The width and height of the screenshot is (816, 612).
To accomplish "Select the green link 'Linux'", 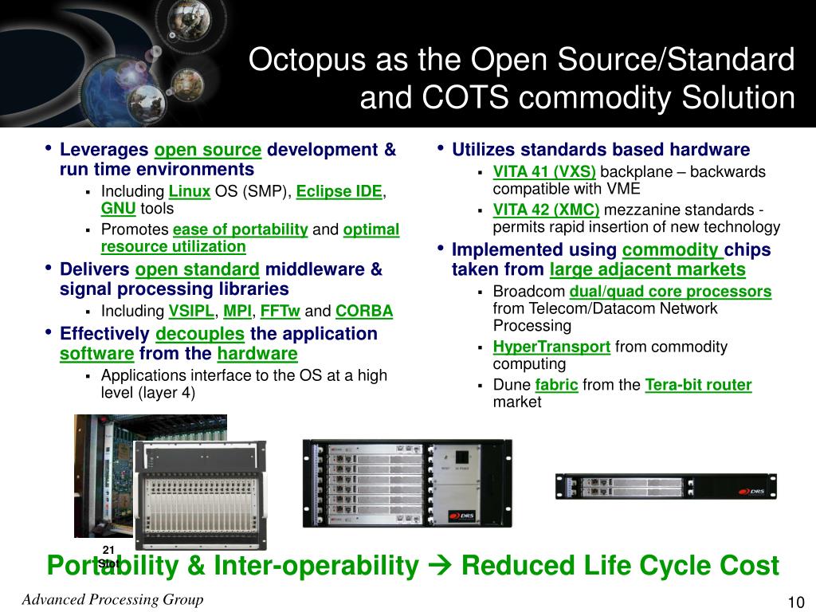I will (x=190, y=191).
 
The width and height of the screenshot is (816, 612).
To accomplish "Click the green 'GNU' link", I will (x=118, y=209).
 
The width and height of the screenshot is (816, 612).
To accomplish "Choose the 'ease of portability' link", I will (x=240, y=229).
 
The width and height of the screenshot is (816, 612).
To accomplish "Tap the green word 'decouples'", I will (x=199, y=333).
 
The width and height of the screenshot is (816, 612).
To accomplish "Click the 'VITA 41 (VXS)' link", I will (x=544, y=172).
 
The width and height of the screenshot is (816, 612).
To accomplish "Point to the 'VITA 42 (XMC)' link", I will (x=546, y=210).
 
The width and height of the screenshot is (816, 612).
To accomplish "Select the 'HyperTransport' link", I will (x=551, y=347).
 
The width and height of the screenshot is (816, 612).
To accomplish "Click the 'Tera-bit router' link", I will (x=698, y=386).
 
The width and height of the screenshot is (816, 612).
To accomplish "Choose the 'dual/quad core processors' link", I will (x=670, y=292).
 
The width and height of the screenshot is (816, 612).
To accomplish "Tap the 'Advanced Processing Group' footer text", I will (x=112, y=600).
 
